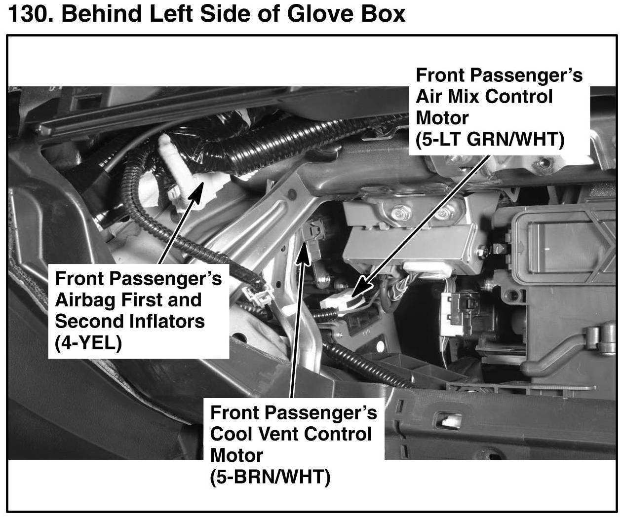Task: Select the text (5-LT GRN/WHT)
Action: tap(490, 140)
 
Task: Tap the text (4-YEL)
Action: tap(88, 342)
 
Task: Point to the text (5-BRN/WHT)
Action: tap(270, 476)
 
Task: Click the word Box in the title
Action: tap(383, 14)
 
